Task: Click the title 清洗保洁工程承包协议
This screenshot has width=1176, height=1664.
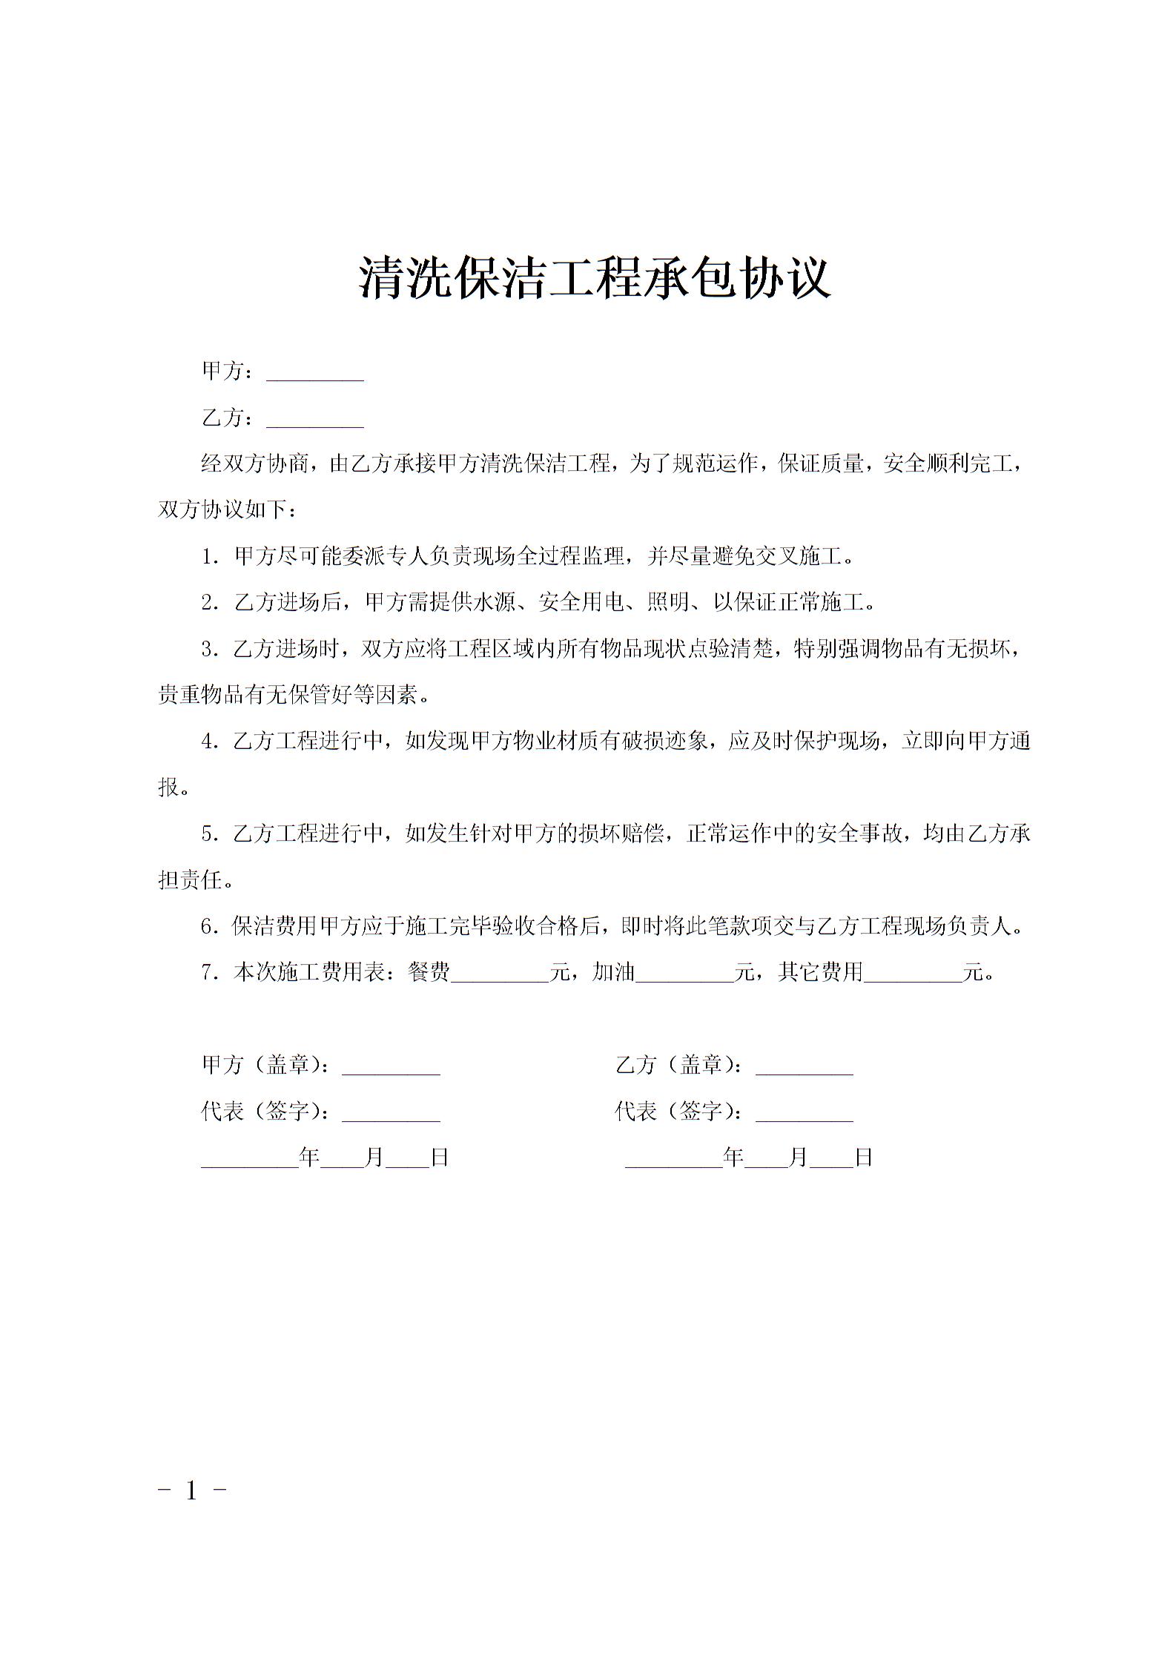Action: click(x=595, y=277)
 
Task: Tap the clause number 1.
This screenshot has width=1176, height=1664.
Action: click(x=209, y=557)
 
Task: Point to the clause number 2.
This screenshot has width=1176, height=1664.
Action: click(x=209, y=603)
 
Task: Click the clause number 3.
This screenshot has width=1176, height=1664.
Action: click(x=209, y=650)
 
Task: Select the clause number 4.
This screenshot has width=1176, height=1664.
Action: click(x=209, y=742)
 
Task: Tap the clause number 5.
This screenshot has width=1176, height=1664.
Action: click(x=209, y=834)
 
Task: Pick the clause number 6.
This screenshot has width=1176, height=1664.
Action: click(x=209, y=927)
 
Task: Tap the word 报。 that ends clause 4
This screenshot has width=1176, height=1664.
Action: click(x=174, y=788)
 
